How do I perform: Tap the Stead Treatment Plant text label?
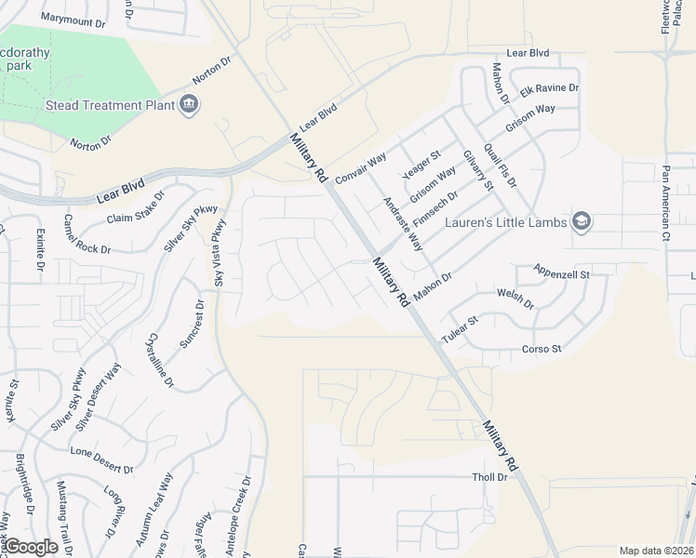click(111, 105)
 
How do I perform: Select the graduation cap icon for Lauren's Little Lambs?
click(582, 221)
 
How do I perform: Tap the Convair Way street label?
click(361, 168)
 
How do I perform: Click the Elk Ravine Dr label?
click(550, 88)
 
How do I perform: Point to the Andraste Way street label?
click(403, 224)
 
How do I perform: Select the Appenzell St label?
click(562, 274)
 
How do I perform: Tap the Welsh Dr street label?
click(516, 299)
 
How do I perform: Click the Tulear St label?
click(460, 330)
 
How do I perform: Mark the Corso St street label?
click(542, 350)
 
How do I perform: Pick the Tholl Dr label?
click(489, 477)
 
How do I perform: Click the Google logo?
click(32, 547)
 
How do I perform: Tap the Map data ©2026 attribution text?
click(656, 551)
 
